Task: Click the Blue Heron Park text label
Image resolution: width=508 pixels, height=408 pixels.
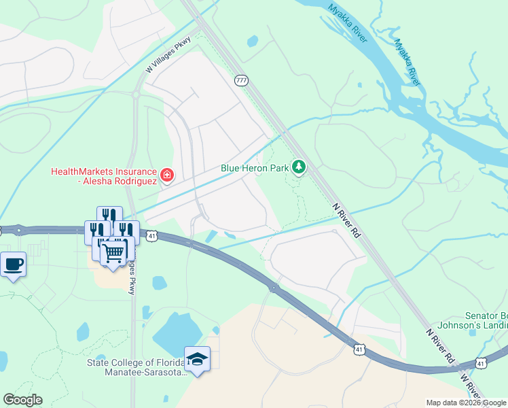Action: coord(254,168)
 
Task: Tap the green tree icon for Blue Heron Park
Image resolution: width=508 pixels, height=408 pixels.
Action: coord(299,166)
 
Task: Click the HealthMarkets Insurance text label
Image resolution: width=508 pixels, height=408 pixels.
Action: coord(103,176)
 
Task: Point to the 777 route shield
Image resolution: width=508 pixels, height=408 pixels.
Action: coord(242,80)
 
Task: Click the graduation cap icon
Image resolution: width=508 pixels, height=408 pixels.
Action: coord(197,358)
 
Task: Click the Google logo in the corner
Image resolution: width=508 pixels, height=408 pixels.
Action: coord(22,400)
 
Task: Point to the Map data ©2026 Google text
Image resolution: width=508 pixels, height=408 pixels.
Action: coord(467,403)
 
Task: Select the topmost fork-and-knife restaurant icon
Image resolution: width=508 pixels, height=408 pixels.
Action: coord(109,214)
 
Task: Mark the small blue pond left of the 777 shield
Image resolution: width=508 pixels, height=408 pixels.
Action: coord(253,41)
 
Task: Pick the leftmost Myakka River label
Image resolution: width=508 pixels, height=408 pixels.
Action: coord(347,22)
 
